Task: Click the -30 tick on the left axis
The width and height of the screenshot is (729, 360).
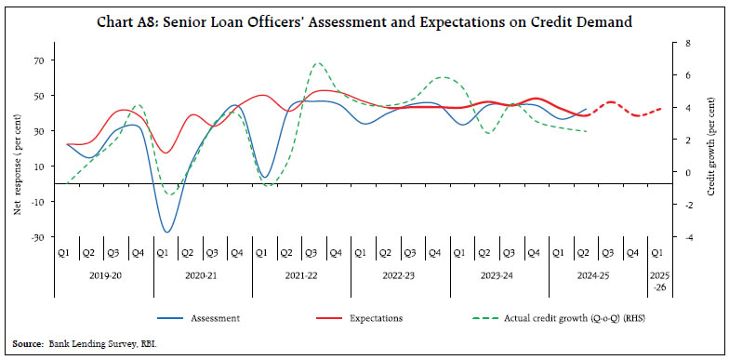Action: (37, 237)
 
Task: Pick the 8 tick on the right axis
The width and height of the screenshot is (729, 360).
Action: (687, 43)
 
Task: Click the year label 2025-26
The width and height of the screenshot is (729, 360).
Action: (657, 280)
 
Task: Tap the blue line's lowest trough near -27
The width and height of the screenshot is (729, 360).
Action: (167, 232)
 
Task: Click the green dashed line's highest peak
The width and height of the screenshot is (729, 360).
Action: (317, 63)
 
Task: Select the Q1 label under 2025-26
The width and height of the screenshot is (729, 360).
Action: (656, 253)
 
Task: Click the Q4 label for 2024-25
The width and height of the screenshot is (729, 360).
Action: (632, 253)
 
